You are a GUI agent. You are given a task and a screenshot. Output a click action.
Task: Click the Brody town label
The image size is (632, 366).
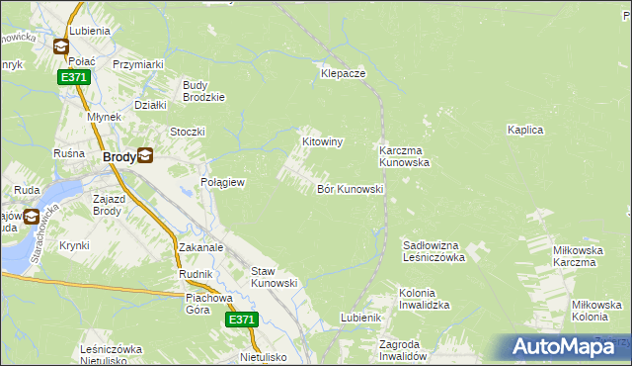119,155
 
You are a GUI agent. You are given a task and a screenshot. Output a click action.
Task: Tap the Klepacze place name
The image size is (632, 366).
344,74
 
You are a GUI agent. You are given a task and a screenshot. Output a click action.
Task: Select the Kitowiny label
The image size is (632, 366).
322,142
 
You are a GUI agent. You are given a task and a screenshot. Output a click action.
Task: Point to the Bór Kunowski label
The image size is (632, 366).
350,189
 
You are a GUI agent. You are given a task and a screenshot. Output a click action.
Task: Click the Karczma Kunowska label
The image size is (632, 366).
404,156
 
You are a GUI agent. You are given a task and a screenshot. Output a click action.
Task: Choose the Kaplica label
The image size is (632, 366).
526,130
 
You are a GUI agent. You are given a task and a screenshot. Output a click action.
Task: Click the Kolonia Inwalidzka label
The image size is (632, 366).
424,300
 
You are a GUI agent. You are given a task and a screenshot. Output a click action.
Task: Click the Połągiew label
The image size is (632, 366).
222,183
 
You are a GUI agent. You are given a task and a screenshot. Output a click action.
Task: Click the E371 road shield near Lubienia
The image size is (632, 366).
74,77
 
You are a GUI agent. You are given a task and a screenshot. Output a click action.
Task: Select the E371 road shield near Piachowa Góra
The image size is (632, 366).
242,320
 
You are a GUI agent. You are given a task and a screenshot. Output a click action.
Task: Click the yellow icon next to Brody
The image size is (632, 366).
145,154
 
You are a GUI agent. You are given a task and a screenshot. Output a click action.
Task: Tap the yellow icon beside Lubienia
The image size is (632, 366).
60,46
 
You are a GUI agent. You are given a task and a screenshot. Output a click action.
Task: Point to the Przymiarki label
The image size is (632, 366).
137,64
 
